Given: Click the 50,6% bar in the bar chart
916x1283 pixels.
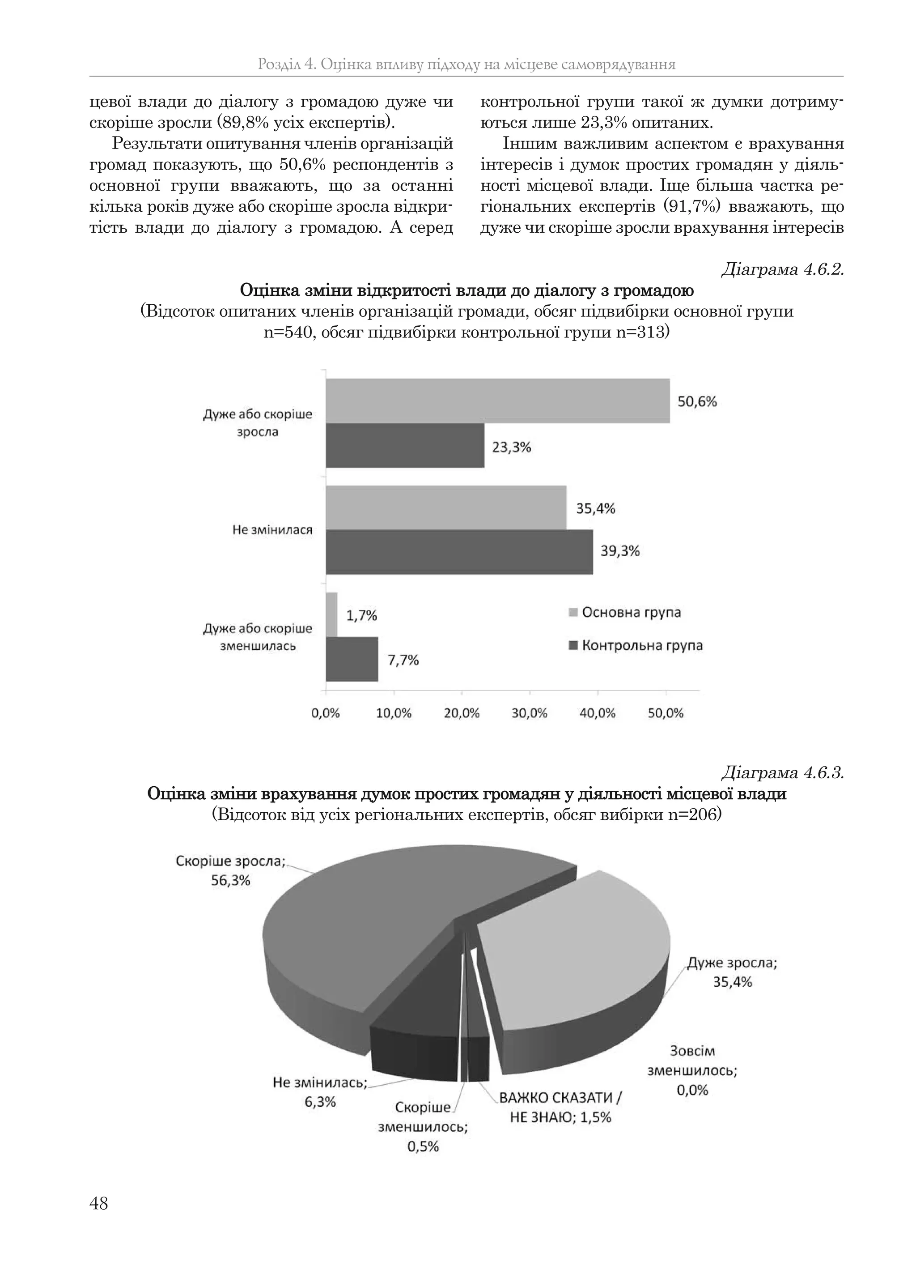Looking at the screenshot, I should point(497,401).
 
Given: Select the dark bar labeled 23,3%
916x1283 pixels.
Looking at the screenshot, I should point(405,446).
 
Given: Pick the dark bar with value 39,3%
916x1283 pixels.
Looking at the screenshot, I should point(459,552).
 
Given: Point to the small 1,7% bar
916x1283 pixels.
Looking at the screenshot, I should point(332,614).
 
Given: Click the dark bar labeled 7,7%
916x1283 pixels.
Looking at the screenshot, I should point(352,660).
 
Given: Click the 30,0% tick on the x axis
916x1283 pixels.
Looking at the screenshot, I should point(530,713).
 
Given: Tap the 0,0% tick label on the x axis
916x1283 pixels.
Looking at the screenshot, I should point(326,713).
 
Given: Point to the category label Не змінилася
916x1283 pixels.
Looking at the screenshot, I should point(272,530).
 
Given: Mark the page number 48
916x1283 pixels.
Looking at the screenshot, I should point(99,1203).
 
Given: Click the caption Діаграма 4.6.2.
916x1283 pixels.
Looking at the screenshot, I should point(782,270).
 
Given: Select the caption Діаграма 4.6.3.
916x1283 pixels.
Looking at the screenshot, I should point(782,772).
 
